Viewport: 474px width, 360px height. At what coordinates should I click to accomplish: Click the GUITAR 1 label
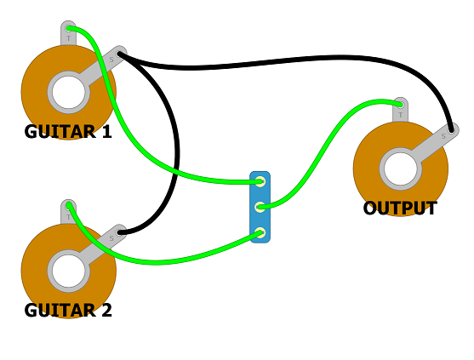pyautogui.click(x=68, y=132)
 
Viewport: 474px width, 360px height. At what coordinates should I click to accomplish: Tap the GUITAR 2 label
pyautogui.click(x=68, y=311)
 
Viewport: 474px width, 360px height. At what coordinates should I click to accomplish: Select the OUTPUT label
pyautogui.click(x=400, y=209)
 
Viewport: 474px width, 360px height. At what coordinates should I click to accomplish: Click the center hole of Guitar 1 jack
pyautogui.click(x=68, y=91)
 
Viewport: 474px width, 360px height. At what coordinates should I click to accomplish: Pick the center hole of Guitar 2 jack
pyautogui.click(x=68, y=271)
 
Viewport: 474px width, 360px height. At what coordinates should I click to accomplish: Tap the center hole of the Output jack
pyautogui.click(x=400, y=169)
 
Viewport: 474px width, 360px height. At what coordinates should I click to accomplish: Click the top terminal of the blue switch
pyautogui.click(x=260, y=181)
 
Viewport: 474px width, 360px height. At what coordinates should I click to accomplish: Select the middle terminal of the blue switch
pyautogui.click(x=260, y=206)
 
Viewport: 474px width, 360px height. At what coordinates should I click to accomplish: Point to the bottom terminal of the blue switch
pyautogui.click(x=260, y=231)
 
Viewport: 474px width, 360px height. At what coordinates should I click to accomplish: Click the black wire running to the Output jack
pyautogui.click(x=281, y=64)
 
